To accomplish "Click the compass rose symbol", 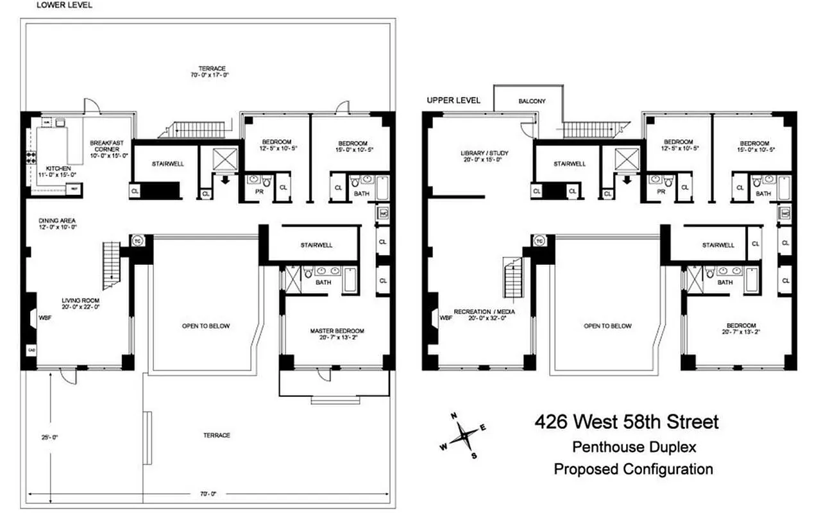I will point(464,436).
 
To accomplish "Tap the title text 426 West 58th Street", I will point(627,422).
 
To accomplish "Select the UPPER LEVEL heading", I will point(453,101).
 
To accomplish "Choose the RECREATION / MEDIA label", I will point(484,311).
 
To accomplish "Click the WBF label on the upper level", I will point(446,317).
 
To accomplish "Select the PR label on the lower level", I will point(259,191).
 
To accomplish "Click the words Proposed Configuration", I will point(633,469).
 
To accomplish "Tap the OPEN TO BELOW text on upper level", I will point(607,326).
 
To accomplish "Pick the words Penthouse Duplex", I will point(634,446).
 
